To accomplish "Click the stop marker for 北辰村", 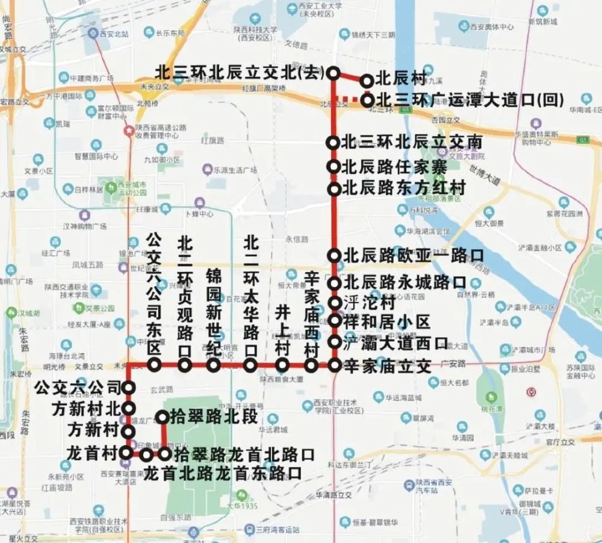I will [x=366, y=81].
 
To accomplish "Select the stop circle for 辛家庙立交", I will [x=335, y=365].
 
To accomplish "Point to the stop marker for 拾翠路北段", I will [x=163, y=417].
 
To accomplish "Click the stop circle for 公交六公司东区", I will [x=155, y=365].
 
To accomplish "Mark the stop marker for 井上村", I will [x=282, y=365].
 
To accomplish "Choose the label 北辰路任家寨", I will [x=395, y=166].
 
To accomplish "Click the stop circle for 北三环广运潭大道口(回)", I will [x=366, y=101].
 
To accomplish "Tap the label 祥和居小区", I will [x=386, y=322].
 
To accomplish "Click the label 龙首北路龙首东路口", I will [x=223, y=471].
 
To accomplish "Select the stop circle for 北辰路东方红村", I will [x=334, y=189].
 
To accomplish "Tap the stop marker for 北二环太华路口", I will [x=251, y=365].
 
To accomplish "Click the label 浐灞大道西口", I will [x=395, y=344].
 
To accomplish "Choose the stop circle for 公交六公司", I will [x=128, y=388].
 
